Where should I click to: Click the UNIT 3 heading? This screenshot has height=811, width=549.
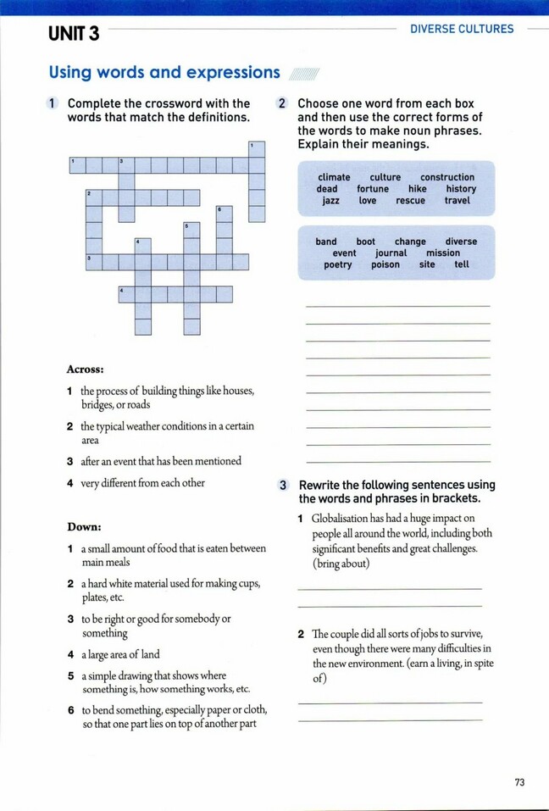tap(74, 34)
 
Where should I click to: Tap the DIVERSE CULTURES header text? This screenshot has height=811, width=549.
tap(462, 29)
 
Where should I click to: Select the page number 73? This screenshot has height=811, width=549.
tap(519, 782)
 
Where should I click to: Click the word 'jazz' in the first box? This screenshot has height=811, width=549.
tap(330, 201)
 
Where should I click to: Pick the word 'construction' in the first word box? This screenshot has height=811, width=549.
tap(447, 177)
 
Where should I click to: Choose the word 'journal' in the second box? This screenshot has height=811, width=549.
tap(391, 253)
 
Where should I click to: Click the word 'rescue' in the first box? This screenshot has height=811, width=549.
tap(410, 201)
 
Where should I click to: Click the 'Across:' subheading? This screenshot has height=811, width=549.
tap(85, 369)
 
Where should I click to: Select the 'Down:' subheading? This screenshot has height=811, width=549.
tap(84, 527)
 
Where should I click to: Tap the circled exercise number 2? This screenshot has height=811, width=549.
tap(282, 103)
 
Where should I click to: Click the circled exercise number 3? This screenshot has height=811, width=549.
tap(284, 486)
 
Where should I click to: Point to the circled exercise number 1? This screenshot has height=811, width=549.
tap(53, 103)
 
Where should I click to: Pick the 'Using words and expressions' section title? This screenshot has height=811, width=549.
tap(164, 73)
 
